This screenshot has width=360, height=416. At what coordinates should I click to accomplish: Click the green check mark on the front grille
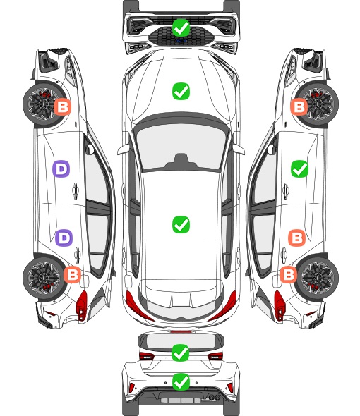pyautogui.click(x=181, y=27)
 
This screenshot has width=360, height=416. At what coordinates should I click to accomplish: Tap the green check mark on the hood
pyautogui.click(x=181, y=91)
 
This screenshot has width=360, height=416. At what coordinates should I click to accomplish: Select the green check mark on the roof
pyautogui.click(x=181, y=224)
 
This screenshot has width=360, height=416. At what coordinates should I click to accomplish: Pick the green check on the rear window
pyautogui.click(x=181, y=353)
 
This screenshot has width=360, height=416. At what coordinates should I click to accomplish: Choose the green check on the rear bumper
pyautogui.click(x=181, y=382)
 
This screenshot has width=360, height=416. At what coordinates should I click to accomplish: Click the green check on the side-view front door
pyautogui.click(x=300, y=169)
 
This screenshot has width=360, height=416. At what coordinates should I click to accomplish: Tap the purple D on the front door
pyautogui.click(x=61, y=169)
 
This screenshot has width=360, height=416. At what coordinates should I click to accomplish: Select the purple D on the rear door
pyautogui.click(x=64, y=238)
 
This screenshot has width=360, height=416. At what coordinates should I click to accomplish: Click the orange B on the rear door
pyautogui.click(x=297, y=238)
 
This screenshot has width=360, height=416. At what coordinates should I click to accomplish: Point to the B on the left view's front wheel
pyautogui.click(x=63, y=107)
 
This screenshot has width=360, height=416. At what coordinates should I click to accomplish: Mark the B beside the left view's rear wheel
pyautogui.click(x=72, y=274)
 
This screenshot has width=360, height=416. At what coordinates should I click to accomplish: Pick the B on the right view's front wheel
pyautogui.click(x=299, y=107)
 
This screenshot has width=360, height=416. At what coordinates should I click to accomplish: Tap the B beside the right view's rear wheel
pyautogui.click(x=289, y=274)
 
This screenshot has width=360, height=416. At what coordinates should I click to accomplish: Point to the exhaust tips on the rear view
pyautogui.click(x=214, y=397)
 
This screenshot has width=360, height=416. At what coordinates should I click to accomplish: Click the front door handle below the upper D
pyautogui.click(x=76, y=190)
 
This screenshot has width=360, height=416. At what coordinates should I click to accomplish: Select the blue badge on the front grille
pyautogui.click(x=181, y=41)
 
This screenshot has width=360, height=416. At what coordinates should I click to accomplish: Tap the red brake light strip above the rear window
pyautogui.click(x=181, y=332)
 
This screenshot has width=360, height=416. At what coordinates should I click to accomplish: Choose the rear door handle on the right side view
pyautogui.click(x=284, y=255)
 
